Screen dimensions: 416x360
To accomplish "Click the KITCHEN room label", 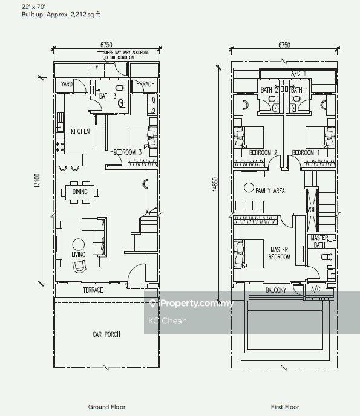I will click(x=81, y=131).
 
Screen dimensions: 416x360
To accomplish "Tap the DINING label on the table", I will click(x=80, y=192).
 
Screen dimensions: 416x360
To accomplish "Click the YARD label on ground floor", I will click(x=67, y=85).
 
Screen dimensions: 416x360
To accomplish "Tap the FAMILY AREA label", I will click(x=270, y=190).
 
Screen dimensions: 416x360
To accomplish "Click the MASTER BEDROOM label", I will click(x=279, y=253).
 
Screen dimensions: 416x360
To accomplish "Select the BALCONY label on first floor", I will click(x=275, y=291).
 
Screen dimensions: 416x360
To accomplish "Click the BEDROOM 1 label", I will click(x=306, y=152).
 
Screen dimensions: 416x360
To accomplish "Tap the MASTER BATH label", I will click(x=319, y=242).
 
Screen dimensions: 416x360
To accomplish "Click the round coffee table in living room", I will click(x=78, y=245).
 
